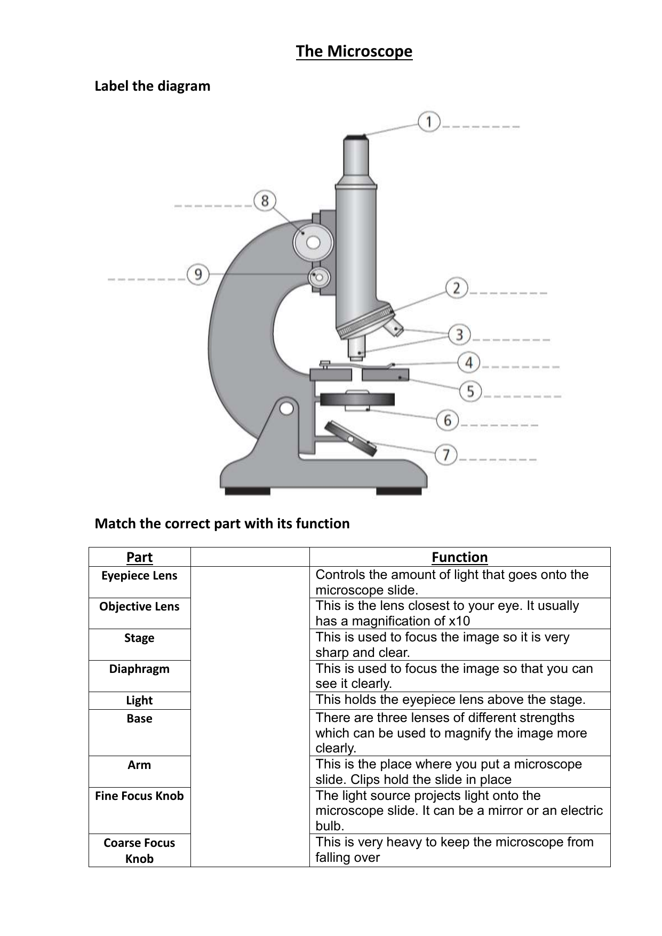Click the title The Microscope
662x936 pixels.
pyautogui.click(x=354, y=52)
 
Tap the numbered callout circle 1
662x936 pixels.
pyautogui.click(x=428, y=122)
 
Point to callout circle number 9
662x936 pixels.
pyautogui.click(x=198, y=275)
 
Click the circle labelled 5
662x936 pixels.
pyautogui.click(x=470, y=392)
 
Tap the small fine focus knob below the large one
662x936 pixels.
pyautogui.click(x=319, y=277)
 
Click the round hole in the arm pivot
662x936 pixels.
pyautogui.click(x=286, y=408)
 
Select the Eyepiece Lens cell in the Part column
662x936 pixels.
pyautogui.click(x=139, y=576)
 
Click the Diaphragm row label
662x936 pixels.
pyautogui.click(x=139, y=669)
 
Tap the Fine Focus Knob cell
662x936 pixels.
pyautogui.click(x=139, y=796)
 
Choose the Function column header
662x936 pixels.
pyautogui.click(x=459, y=557)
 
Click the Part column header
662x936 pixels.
pyautogui.click(x=139, y=557)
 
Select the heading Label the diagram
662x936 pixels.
pyautogui.click(x=153, y=86)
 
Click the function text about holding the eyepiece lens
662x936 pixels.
pyautogui.click(x=450, y=700)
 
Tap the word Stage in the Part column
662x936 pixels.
pyautogui.click(x=139, y=638)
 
